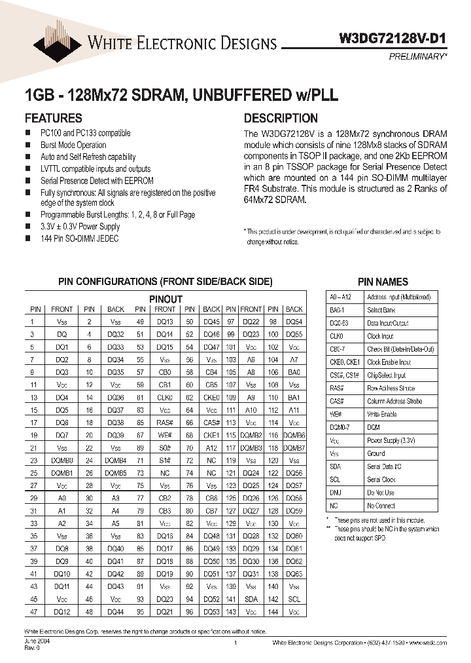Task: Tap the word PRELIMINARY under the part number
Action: tap(416, 57)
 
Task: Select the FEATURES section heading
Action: tap(54, 119)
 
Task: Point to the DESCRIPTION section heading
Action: tap(281, 119)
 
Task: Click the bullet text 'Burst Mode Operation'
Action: tap(73, 145)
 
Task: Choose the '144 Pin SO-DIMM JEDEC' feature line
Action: tap(79, 238)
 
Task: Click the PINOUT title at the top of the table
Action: tap(166, 299)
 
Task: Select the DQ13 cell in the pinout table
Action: tap(165, 322)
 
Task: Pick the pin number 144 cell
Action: tap(273, 611)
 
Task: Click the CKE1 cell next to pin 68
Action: tap(211, 434)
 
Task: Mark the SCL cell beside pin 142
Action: tap(294, 599)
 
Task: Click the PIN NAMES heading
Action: tap(383, 282)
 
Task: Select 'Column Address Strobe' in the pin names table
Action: tap(394, 401)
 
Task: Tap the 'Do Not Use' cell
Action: tap(381, 493)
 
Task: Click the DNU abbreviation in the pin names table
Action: tap(336, 493)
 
